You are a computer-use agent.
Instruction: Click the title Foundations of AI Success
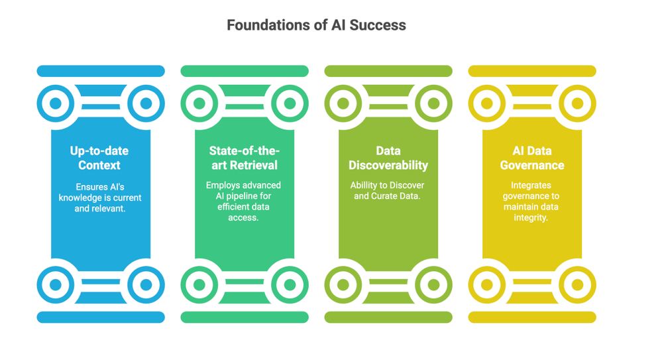(316, 25)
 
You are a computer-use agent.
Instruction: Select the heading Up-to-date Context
(100, 158)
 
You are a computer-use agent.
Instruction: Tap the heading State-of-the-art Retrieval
(244, 158)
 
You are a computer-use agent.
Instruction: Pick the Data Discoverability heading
(388, 158)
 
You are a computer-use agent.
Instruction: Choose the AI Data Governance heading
(532, 158)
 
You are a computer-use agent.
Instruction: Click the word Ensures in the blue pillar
(88, 187)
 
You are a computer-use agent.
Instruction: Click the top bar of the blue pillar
(101, 71)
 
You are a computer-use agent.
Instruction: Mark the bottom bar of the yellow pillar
(532, 318)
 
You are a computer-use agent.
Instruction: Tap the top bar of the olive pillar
(388, 71)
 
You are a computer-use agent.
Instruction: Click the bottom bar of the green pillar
(245, 318)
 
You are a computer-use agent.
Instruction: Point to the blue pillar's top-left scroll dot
(56, 103)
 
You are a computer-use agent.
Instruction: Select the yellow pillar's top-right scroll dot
(577, 103)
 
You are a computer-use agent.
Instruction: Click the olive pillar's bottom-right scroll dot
(433, 285)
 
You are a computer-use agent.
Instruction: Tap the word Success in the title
(380, 25)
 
